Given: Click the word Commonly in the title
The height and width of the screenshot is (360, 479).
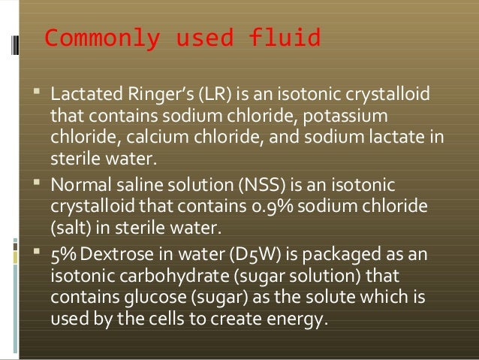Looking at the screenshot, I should tap(89, 38).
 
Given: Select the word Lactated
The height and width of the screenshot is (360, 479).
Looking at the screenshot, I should tap(80, 97).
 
